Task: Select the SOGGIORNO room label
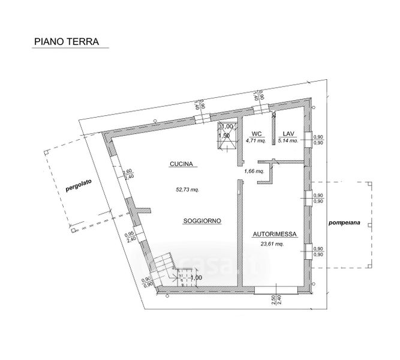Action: pos(203,221)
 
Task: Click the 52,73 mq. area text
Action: pos(187,189)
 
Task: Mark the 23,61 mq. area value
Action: pos(272,244)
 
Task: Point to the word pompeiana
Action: pos(344,223)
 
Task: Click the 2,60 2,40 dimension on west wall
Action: pos(127,175)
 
